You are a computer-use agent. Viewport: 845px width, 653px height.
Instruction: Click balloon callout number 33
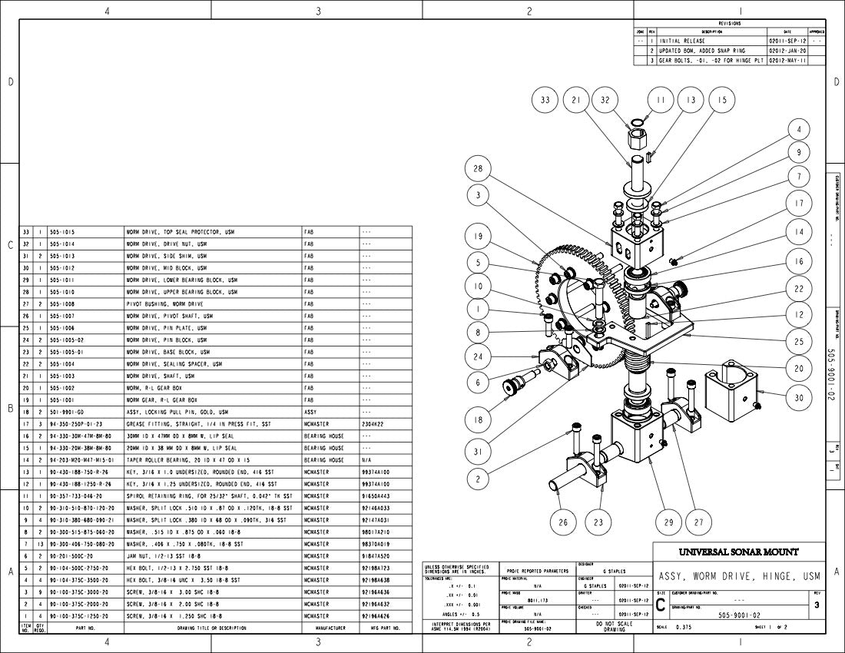545,100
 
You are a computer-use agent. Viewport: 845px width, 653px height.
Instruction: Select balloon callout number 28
478,169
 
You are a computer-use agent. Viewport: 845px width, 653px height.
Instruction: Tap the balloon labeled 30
799,397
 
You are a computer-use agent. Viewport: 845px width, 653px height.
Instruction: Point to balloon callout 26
563,522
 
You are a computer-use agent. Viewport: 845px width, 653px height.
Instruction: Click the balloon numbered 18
478,419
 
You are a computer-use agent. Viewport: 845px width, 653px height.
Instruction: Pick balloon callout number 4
799,130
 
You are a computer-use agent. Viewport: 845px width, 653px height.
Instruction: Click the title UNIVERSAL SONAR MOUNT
738,552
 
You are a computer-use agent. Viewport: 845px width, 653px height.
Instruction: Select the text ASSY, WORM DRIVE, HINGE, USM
739,575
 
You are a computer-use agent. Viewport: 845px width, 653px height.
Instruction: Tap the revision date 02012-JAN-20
787,50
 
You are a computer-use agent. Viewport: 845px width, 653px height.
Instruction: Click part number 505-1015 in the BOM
62,231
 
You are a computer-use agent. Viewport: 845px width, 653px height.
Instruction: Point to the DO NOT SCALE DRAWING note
614,626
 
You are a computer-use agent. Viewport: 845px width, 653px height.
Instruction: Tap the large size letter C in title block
661,605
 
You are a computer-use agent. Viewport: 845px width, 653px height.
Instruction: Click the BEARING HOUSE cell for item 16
324,436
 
